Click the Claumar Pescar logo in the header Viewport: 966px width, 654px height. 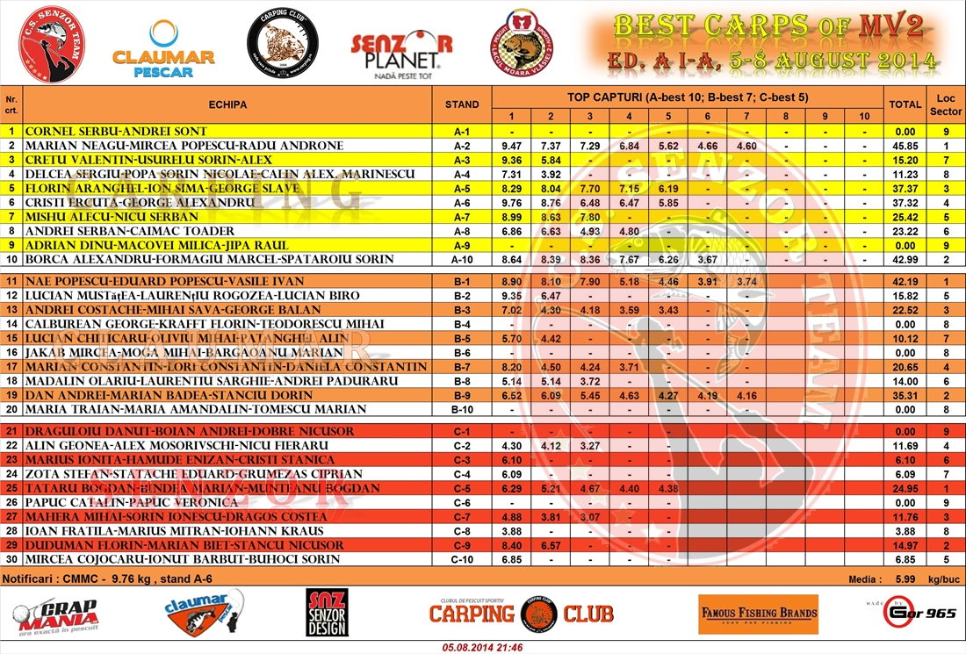163,48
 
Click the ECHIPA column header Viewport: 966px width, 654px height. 227,104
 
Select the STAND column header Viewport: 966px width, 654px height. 462,104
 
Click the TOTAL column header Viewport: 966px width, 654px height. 905,104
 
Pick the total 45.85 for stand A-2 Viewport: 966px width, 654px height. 905,146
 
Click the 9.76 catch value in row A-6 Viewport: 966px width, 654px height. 511,203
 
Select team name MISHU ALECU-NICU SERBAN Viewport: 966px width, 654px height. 112,217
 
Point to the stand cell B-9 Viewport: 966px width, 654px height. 462,395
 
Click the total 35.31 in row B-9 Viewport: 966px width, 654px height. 905,395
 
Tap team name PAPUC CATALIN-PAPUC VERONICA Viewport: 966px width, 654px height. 132,502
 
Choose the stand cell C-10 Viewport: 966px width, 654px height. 462,559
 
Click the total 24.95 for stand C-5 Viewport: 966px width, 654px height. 905,488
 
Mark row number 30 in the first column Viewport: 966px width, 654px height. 11,559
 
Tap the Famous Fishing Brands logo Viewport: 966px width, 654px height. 758,614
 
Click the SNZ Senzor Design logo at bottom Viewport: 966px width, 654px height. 327,613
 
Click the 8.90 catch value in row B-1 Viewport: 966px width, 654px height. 511,281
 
